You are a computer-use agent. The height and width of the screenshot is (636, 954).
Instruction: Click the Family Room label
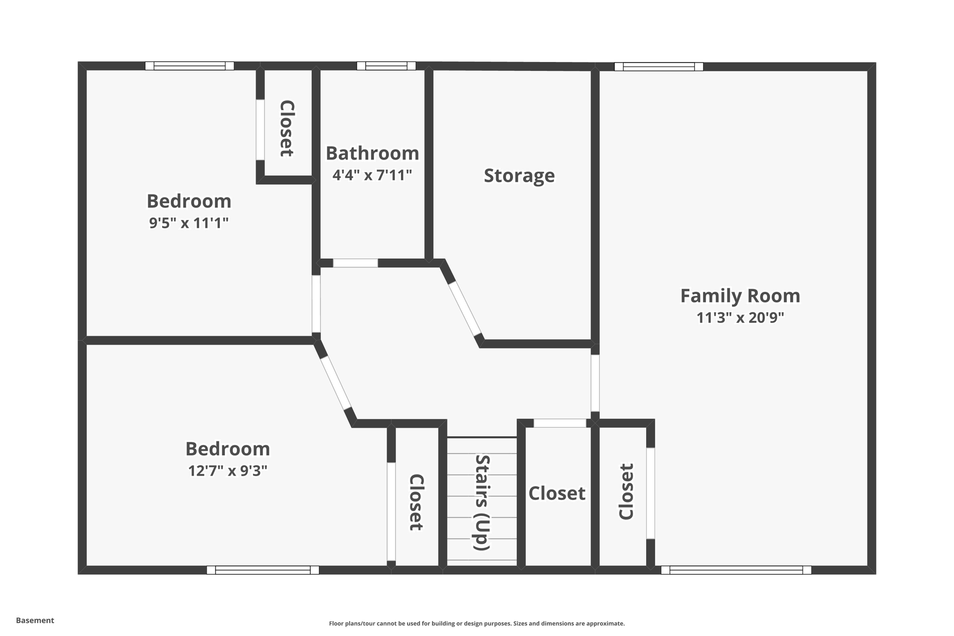[740, 296]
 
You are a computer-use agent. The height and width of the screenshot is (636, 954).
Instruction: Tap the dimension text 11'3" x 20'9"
[740, 318]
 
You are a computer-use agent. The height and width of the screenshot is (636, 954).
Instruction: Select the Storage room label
[519, 176]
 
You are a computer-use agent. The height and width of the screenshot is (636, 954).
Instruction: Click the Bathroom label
[372, 153]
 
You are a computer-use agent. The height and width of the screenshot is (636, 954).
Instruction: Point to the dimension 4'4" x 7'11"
[372, 175]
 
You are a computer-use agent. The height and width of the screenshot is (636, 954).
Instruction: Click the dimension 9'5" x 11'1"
[189, 223]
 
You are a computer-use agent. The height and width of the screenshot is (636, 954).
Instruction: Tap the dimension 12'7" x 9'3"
[227, 471]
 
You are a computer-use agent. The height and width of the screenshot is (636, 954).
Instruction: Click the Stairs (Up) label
[482, 502]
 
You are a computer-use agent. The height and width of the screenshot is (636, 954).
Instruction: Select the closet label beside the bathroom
[286, 128]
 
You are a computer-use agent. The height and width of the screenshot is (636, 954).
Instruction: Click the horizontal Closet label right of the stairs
[557, 493]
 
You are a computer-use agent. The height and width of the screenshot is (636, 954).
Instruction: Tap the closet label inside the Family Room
[626, 492]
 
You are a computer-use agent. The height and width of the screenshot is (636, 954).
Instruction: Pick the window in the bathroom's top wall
[386, 66]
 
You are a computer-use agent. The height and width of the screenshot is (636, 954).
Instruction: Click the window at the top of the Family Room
[658, 67]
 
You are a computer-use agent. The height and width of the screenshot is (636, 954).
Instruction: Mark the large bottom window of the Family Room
[736, 570]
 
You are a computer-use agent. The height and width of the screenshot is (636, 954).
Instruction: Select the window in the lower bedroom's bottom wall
[263, 570]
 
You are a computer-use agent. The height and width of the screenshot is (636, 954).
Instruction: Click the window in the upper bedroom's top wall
[189, 66]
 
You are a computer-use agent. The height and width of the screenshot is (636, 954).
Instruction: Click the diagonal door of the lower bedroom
[336, 383]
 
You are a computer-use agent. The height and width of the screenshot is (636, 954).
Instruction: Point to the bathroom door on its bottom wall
[355, 263]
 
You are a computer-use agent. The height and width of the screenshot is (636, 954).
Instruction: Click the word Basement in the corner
[35, 620]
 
